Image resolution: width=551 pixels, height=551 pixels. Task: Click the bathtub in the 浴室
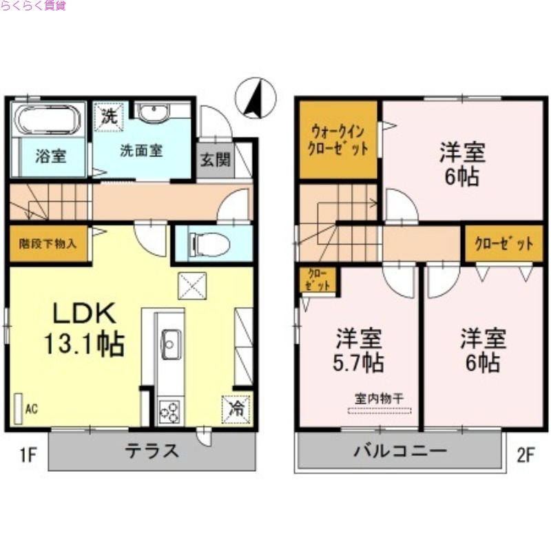coord(48,121)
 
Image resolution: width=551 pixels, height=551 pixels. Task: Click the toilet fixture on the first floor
coord(204,244)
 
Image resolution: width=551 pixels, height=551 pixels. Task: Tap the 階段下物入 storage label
coord(48,243)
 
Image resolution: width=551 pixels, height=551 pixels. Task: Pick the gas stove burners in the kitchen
coord(169,411)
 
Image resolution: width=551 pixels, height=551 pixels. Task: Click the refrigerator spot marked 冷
coord(236,407)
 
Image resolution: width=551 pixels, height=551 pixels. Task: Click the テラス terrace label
coord(152,451)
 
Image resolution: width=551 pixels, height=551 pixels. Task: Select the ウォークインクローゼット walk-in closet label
coord(337,140)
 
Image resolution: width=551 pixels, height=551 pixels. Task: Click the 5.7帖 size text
coord(359,362)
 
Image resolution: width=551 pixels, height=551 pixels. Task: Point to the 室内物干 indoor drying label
coord(380,398)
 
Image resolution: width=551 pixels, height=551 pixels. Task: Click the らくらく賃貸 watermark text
coord(34,7)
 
